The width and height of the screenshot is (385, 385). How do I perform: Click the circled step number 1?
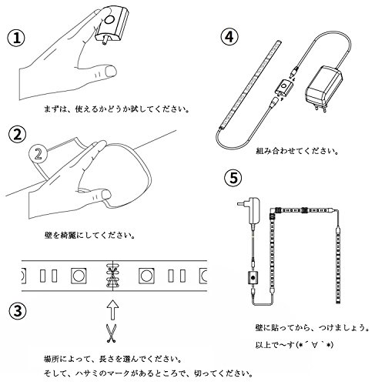[16, 38]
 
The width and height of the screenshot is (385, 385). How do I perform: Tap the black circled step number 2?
[17, 134]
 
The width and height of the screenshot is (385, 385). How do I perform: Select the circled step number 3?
[18, 311]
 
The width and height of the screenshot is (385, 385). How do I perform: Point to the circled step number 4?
[229, 36]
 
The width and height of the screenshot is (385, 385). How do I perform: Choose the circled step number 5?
[233, 178]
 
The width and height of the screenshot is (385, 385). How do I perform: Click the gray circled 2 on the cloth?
[38, 154]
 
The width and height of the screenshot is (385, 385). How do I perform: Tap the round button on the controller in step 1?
[110, 20]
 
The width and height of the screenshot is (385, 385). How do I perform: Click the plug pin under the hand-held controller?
[105, 42]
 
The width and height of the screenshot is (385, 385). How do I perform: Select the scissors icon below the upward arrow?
[111, 333]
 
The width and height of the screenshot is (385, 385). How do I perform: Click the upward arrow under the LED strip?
[112, 310]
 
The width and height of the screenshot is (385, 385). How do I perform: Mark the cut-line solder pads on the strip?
[113, 276]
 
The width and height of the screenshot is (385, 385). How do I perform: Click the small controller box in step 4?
[283, 88]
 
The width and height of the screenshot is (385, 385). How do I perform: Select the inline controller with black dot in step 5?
[254, 277]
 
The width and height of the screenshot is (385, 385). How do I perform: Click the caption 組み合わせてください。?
[297, 150]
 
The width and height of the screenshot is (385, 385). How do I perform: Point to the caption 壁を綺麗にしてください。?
[90, 235]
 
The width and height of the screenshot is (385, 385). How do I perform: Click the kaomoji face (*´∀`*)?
[315, 345]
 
